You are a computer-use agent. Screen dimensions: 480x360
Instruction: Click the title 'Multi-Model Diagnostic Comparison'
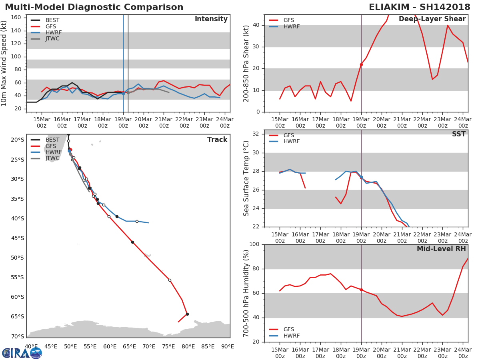click(x=94, y=7)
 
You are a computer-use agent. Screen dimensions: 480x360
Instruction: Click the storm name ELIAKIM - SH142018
click(x=420, y=7)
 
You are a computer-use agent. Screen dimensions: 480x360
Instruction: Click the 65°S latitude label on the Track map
click(x=17, y=316)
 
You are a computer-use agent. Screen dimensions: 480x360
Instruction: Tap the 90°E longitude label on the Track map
click(x=228, y=347)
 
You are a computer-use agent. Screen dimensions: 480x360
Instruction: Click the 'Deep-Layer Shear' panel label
click(x=432, y=19)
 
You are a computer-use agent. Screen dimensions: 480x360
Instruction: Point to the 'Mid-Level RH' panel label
click(x=441, y=249)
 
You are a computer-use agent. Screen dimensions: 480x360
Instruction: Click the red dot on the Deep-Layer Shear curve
click(x=361, y=64)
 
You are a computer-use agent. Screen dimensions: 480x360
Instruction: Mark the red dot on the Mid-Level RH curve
click(x=361, y=290)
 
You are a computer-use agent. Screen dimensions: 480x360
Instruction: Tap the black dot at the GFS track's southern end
click(x=187, y=314)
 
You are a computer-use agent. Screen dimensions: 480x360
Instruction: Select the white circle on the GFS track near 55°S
click(x=170, y=280)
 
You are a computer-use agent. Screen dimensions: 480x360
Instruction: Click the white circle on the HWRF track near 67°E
click(x=137, y=222)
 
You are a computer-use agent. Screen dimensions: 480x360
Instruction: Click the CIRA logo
click(x=22, y=353)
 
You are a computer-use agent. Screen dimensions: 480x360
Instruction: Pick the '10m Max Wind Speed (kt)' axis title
click(x=4, y=63)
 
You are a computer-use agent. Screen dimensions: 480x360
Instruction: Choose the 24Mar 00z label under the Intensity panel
click(x=225, y=123)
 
